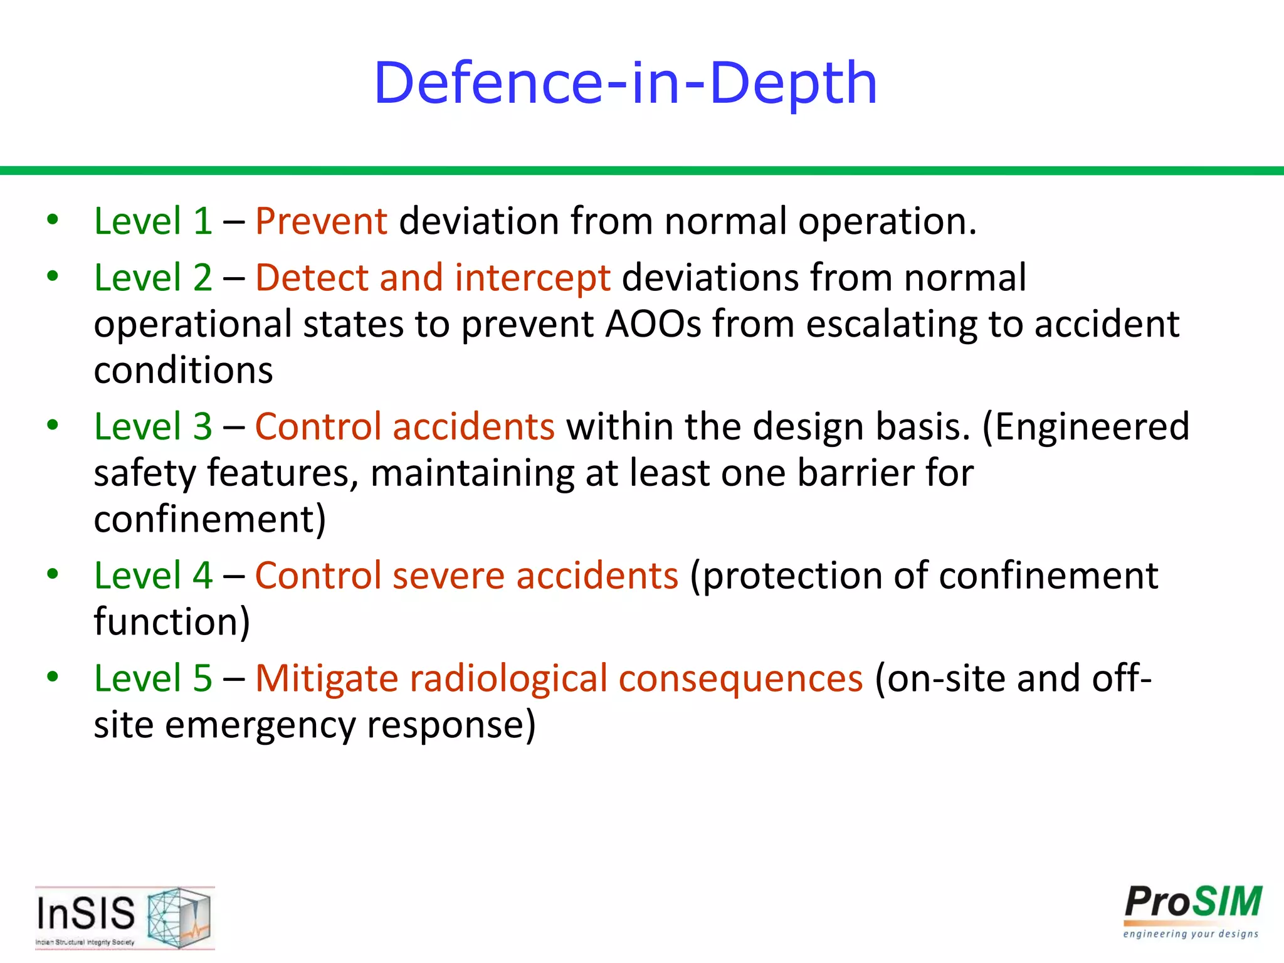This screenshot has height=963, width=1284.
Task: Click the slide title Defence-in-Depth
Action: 625,83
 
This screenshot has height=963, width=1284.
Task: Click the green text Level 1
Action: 153,221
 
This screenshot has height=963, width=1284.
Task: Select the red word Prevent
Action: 321,221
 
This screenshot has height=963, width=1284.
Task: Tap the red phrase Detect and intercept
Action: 433,278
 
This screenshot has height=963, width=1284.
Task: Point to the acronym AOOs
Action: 653,324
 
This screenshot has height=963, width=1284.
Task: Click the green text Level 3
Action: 153,426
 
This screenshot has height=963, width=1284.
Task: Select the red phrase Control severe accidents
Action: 466,576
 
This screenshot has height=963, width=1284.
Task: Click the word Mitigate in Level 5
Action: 326,678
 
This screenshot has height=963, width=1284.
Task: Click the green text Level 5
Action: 153,678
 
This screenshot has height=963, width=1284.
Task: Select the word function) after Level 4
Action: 172,622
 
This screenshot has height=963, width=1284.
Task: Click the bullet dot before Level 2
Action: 53,276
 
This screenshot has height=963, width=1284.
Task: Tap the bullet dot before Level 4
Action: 53,574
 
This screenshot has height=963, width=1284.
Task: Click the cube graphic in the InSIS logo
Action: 179,917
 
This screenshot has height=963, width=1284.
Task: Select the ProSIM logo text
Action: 1192,902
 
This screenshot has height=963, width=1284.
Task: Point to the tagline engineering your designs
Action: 1190,934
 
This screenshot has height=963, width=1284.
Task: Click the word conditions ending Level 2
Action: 183,371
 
